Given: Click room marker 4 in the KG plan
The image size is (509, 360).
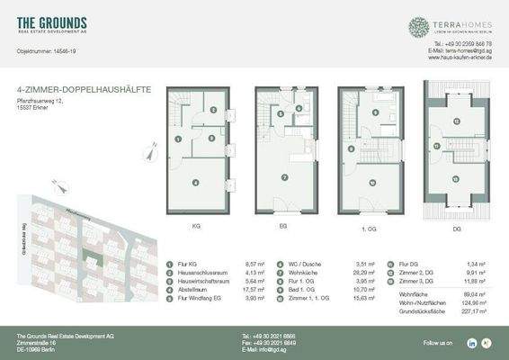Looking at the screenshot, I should click(195, 182).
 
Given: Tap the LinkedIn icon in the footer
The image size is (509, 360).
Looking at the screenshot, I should click(471, 343).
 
